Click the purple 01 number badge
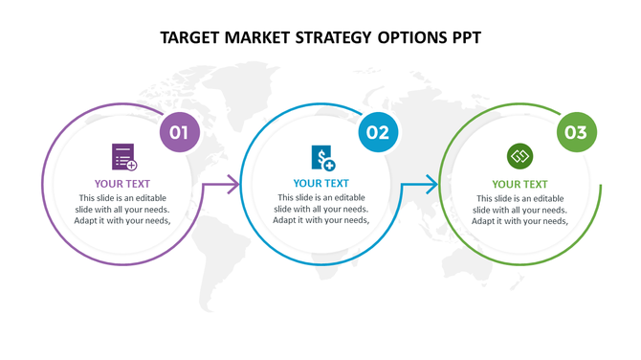click(x=179, y=133)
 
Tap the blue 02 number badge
click(x=378, y=133)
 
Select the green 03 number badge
click(x=576, y=133)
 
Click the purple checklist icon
click(x=123, y=157)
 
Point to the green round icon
click(x=519, y=156)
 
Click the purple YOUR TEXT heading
click(x=122, y=184)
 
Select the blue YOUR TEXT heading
click(x=321, y=184)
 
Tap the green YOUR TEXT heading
click(x=520, y=184)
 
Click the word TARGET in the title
click(x=191, y=38)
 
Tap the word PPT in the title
click(x=462, y=38)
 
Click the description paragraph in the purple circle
click(x=122, y=209)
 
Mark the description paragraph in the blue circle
click(x=321, y=209)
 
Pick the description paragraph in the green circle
click(x=520, y=209)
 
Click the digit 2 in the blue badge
click(x=384, y=133)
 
